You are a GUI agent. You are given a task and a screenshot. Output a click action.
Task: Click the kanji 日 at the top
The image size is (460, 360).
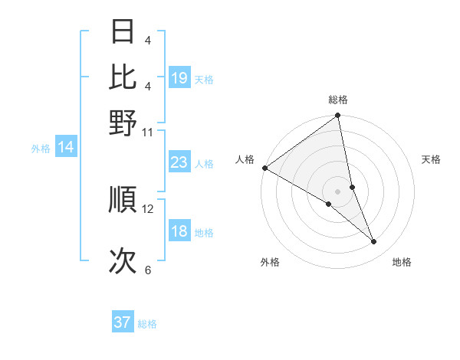coord(123,31)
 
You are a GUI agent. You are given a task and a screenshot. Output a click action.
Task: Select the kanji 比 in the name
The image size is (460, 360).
coord(123,77)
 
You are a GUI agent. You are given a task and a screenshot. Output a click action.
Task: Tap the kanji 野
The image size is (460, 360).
coord(123,122)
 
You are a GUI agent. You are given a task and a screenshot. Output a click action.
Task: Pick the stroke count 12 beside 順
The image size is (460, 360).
coord(148,208)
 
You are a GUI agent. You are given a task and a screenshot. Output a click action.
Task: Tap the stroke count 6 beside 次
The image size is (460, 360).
coord(148,270)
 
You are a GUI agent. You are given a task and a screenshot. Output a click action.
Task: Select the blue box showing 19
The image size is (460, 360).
coord(179,78)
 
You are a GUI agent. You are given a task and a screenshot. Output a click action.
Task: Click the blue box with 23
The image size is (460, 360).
coord(179,162)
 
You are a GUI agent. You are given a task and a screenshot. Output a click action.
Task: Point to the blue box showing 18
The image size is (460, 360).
coord(179,232)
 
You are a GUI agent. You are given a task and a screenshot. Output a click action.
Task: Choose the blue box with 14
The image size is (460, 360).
coord(66,148)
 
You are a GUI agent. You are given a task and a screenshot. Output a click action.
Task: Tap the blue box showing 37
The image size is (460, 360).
coord(123,322)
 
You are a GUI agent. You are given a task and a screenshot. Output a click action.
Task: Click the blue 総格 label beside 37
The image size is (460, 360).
coord(147,324)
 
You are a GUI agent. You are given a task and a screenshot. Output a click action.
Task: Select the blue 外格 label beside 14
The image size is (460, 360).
coord(40,149)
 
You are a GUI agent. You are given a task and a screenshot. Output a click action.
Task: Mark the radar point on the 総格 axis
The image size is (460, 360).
coord(337,116)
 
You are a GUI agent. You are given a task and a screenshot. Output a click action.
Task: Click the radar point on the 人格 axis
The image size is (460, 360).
coord(264,168)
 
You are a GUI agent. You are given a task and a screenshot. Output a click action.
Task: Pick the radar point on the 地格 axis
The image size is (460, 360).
coord(374,242)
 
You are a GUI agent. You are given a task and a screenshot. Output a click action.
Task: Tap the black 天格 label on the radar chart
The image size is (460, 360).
coord(432,159)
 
